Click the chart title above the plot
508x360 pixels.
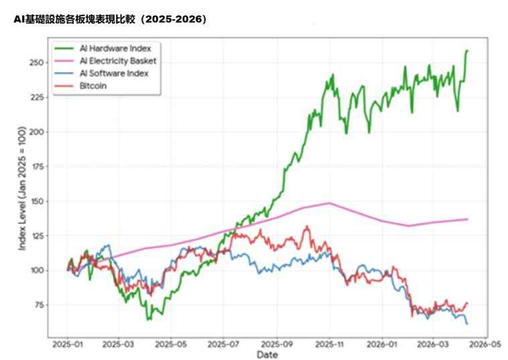[111, 19]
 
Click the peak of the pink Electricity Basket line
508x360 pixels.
[329, 202]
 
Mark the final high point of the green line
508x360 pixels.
[467, 50]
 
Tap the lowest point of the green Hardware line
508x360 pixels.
[149, 319]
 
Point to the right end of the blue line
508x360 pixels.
[467, 324]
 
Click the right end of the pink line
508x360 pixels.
[467, 219]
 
